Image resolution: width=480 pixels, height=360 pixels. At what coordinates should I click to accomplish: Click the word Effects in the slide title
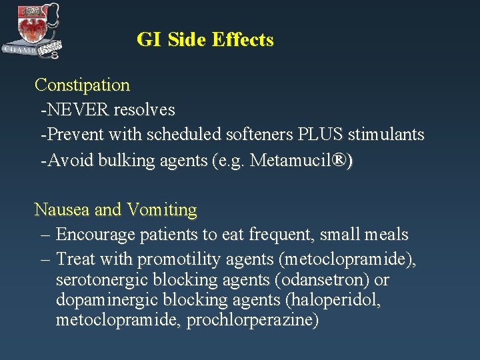tap(242, 40)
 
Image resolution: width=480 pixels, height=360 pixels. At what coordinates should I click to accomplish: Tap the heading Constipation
tap(82, 85)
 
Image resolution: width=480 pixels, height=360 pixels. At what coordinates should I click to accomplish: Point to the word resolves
tap(144, 109)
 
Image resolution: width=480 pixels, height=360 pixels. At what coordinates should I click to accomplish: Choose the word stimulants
tap(386, 135)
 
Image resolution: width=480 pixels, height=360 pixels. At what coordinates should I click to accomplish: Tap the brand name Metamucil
tap(291, 160)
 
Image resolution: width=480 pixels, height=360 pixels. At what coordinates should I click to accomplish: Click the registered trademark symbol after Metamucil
tap(340, 160)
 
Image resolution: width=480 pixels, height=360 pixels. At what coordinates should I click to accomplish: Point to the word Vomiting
tap(162, 210)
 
